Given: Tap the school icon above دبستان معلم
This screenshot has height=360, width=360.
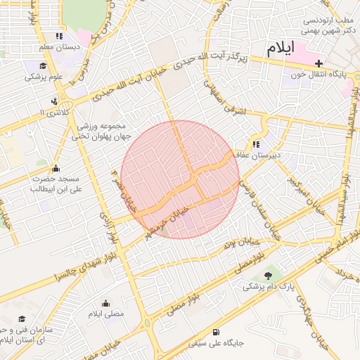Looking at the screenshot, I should pyautogui.click(x=59, y=35).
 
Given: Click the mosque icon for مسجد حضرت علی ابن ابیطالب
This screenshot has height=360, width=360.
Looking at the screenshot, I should pyautogui.click(x=56, y=168).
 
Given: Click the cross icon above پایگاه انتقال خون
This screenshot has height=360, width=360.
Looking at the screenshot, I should pyautogui.click(x=319, y=63).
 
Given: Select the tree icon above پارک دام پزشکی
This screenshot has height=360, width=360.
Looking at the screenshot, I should pyautogui.click(x=267, y=275).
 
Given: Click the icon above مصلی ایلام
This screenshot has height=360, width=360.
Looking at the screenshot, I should pyautogui.click(x=106, y=302).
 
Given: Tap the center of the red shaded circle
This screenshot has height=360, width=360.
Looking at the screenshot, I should pyautogui.click(x=180, y=179).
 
